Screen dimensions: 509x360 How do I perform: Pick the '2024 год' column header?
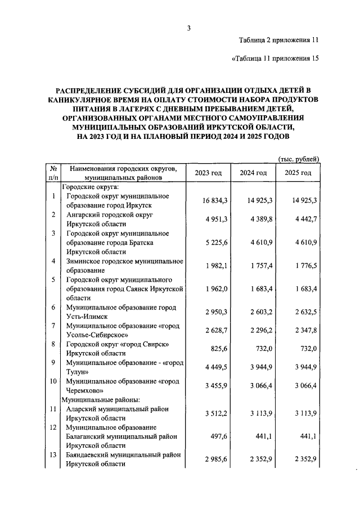253,173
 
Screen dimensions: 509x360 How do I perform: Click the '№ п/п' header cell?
52,172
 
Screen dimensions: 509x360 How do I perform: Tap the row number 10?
52,381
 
